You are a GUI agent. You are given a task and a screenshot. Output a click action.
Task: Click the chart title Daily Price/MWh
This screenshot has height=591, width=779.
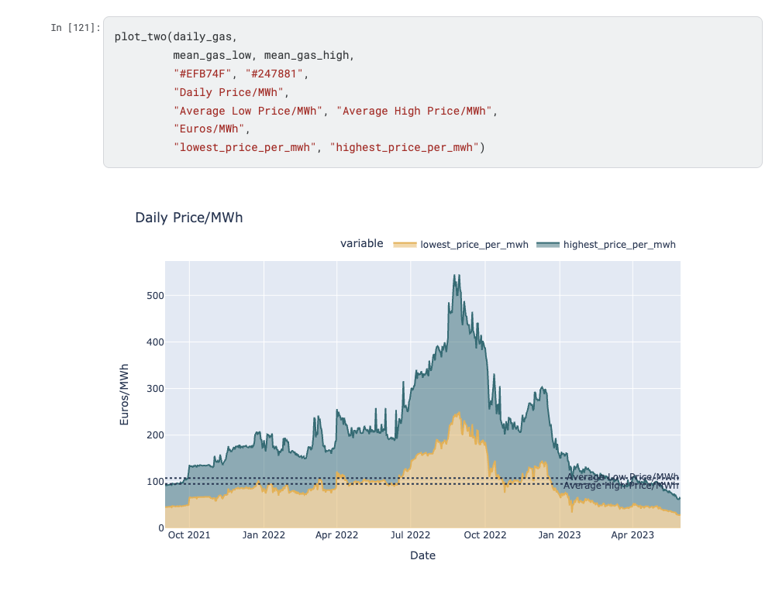tap(188, 218)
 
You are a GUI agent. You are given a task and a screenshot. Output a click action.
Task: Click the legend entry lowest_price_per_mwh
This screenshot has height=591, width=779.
tap(474, 245)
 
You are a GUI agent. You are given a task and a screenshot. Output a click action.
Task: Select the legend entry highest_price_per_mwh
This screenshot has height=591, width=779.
tap(619, 245)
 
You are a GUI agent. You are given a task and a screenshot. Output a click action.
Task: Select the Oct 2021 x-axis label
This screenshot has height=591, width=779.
tap(189, 534)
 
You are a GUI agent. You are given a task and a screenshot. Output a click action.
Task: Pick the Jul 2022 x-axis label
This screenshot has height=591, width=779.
tap(411, 534)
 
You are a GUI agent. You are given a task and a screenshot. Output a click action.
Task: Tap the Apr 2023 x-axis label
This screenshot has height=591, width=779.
tap(633, 534)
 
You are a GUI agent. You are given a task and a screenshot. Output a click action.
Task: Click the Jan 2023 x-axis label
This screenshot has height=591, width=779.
tap(560, 534)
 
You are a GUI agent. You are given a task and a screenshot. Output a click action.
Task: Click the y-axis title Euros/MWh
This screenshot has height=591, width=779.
tap(124, 394)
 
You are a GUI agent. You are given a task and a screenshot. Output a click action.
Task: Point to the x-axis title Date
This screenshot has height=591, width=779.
tap(422, 555)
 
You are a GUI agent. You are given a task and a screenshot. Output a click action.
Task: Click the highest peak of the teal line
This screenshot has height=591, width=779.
tap(457, 275)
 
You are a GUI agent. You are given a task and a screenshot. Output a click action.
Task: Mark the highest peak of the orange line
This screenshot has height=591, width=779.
tap(457, 414)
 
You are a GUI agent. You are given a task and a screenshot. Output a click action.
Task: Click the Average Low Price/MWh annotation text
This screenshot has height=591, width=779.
tap(622, 476)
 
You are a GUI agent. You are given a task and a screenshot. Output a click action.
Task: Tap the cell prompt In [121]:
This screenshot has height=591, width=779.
tap(75, 28)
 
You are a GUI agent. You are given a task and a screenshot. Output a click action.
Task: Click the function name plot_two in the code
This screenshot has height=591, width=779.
tap(140, 36)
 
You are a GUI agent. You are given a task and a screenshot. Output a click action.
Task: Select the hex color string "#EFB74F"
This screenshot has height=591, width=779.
tap(202, 74)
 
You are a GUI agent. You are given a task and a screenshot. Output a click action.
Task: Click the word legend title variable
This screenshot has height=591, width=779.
tap(361, 243)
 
